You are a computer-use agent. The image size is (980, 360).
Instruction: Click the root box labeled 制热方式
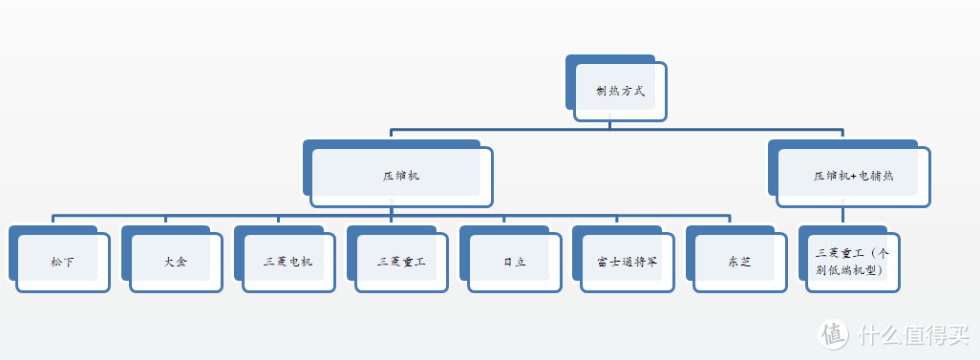point(620,92)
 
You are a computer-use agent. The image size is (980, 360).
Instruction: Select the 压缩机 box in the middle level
point(400,177)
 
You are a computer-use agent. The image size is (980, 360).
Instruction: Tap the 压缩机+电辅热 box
point(853,177)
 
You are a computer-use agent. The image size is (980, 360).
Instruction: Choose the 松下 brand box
point(62,261)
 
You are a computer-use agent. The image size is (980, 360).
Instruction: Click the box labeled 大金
point(175,261)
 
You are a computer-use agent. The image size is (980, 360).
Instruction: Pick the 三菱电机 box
point(288,261)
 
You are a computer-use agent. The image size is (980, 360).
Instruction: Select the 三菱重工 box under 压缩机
point(400,261)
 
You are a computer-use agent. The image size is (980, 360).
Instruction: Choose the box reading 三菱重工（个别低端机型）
point(852,261)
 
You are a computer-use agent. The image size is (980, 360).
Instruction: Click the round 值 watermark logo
point(833,333)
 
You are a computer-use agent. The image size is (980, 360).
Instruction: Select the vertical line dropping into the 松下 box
point(53,221)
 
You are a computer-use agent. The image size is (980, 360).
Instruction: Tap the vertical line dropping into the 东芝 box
point(730,221)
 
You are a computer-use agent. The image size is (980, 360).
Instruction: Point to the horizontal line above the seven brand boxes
point(392,215)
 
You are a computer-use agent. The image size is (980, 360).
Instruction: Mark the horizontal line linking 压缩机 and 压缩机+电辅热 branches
point(616,129)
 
